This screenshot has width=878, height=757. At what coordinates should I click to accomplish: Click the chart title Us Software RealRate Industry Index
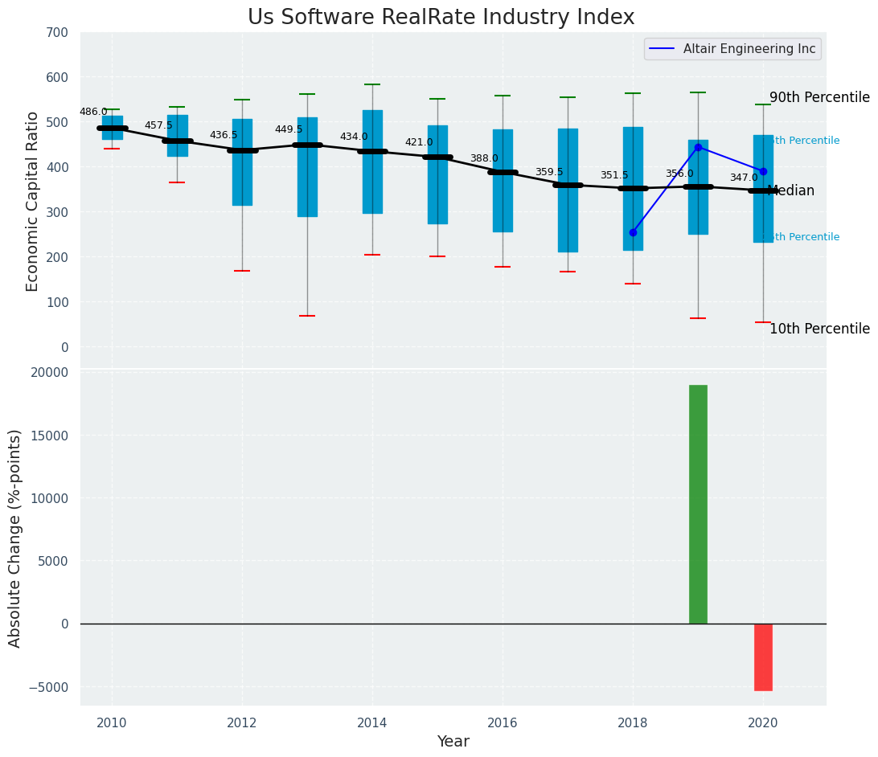tap(441, 18)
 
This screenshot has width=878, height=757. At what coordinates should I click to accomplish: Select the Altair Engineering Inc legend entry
tap(749, 49)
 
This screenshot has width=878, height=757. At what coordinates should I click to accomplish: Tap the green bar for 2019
tap(698, 504)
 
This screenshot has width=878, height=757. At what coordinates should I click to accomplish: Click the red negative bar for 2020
tap(763, 657)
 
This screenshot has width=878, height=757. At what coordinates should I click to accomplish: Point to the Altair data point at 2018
tap(633, 232)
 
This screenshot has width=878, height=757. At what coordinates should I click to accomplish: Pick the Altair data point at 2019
tap(698, 147)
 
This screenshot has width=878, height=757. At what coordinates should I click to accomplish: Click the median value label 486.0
tap(93, 113)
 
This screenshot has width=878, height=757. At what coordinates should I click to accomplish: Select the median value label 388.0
tap(484, 159)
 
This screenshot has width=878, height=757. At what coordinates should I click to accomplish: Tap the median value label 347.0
tap(744, 178)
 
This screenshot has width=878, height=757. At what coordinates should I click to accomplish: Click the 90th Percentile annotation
tap(819, 98)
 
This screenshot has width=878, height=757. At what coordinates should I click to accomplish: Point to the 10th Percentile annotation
tap(819, 329)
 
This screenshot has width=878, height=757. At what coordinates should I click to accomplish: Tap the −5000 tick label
tap(50, 687)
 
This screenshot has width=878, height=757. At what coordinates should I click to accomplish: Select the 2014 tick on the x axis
tap(372, 722)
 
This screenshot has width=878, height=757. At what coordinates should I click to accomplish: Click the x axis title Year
tap(453, 742)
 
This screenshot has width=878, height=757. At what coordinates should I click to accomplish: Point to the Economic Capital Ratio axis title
tap(33, 201)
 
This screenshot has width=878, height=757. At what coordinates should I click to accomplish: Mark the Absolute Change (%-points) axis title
tap(15, 538)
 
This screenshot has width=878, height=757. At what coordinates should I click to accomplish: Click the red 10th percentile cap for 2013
tap(307, 316)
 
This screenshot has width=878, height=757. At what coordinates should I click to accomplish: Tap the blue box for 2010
tap(113, 128)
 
